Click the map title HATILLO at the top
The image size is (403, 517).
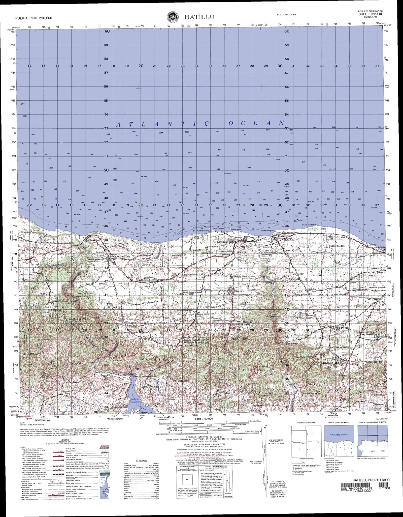199,17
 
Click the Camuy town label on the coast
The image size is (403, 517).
252,238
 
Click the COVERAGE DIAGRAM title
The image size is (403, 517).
306,423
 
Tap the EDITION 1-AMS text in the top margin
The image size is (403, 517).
286,15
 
